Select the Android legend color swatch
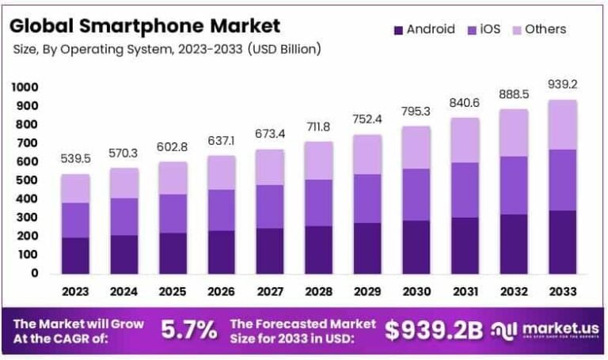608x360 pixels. (397, 30)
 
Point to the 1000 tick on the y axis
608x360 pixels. (25, 87)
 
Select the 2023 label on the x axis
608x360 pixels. (75, 291)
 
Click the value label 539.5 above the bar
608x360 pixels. (75, 159)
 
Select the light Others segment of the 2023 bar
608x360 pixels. (75, 188)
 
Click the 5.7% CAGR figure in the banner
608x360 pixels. (189, 331)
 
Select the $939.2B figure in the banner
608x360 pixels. (433, 331)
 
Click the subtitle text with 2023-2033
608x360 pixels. (167, 49)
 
